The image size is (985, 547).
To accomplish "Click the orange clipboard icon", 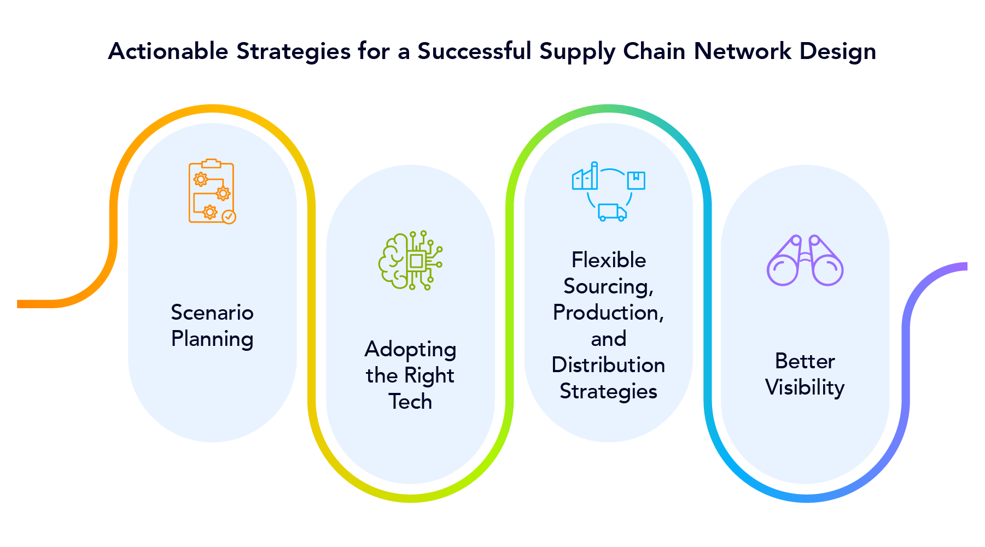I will [x=211, y=191].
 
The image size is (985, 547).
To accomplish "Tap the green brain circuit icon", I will [x=410, y=260].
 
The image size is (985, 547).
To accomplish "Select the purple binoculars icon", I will [x=805, y=261].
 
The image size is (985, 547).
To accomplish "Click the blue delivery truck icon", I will [x=612, y=212].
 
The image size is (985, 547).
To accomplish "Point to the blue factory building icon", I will [x=585, y=177].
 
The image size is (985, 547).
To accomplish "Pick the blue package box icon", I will [x=636, y=180].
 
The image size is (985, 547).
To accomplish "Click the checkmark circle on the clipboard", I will [x=229, y=217].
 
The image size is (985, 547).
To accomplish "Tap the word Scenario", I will [x=212, y=313].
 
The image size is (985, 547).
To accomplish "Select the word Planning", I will [x=212, y=339].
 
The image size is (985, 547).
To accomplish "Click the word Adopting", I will [x=410, y=350].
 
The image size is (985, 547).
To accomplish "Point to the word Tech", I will [x=410, y=402].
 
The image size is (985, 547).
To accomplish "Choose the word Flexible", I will [x=609, y=260].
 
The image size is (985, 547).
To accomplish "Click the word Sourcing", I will [x=607, y=286].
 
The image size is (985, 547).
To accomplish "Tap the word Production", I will [x=607, y=313].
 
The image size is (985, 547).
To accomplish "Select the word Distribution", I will [x=608, y=365].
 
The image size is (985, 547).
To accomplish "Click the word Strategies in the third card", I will [x=608, y=391].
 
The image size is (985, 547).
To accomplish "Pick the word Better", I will [x=805, y=361].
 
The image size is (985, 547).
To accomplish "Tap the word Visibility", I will [x=805, y=387].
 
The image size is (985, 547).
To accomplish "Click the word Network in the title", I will [x=742, y=51].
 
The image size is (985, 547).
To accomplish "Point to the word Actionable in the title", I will [x=168, y=51].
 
